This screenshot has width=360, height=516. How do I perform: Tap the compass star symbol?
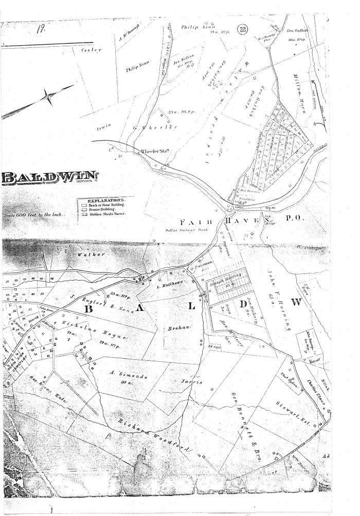50,97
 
